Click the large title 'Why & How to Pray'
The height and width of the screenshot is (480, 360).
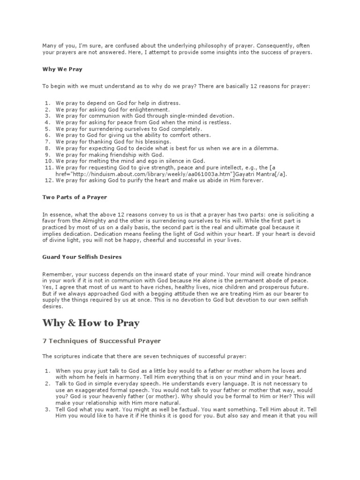(x=90, y=323)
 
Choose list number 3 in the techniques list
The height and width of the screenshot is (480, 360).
(x=47, y=409)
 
